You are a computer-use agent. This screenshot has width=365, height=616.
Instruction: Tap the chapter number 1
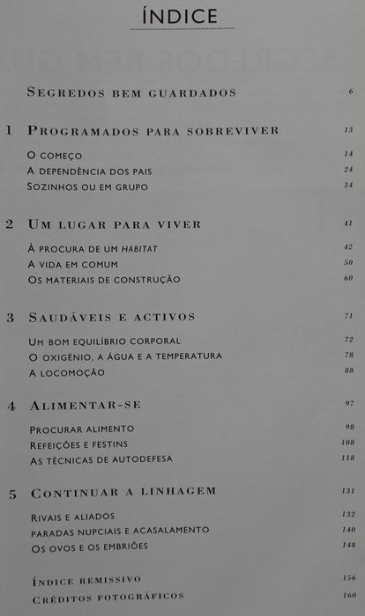pos(9,130)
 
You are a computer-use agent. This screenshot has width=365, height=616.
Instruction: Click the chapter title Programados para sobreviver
pos(153,130)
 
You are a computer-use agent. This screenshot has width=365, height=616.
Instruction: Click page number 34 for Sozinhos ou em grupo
pos(348,186)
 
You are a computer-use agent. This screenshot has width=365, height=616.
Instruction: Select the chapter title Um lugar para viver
pos(115,224)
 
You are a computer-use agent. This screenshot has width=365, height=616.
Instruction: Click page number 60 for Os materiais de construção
pos(348,279)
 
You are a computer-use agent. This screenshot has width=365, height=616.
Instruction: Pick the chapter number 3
pos(9,317)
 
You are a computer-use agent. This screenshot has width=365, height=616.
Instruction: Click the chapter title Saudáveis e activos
pos(112,317)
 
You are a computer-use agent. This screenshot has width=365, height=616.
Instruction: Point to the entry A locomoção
pos(67,372)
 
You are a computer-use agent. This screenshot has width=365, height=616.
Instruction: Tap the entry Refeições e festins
pos(82,444)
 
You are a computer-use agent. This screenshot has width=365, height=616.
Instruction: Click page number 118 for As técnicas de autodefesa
pos(347,458)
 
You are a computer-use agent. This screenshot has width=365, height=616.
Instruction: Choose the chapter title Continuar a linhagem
pos(123,491)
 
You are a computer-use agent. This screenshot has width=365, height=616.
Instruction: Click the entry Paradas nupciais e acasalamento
pos(120,531)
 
